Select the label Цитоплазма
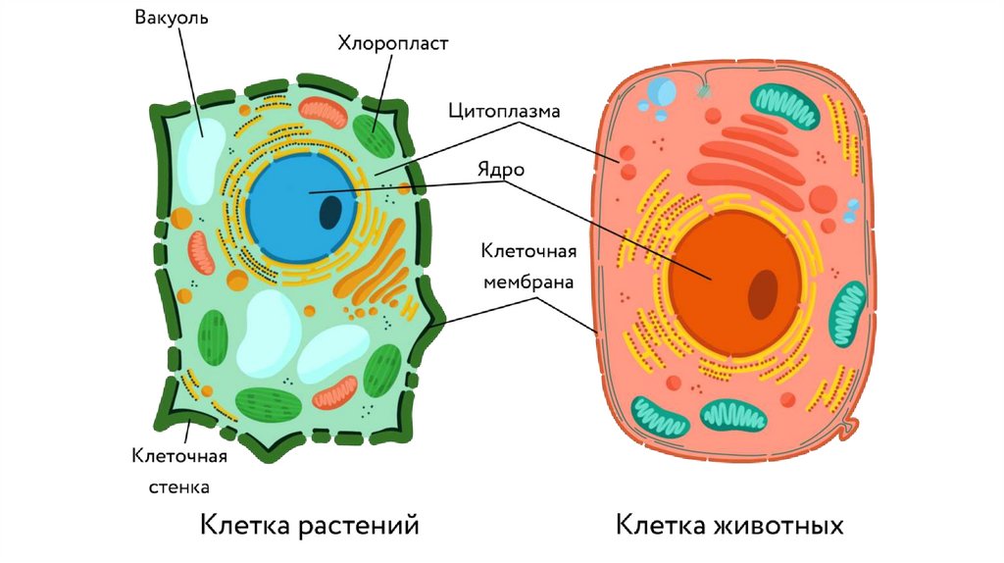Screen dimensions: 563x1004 pos(504,111)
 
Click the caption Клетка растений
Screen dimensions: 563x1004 pos(310,525)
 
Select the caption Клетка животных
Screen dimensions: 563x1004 pos(729,525)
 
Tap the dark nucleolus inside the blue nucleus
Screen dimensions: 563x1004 pos(331,212)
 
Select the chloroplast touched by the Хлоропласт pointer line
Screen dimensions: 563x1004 pos(374,136)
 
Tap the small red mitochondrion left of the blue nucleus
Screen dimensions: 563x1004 pos(202,253)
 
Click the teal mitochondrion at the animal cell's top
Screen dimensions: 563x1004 pos(785,106)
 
